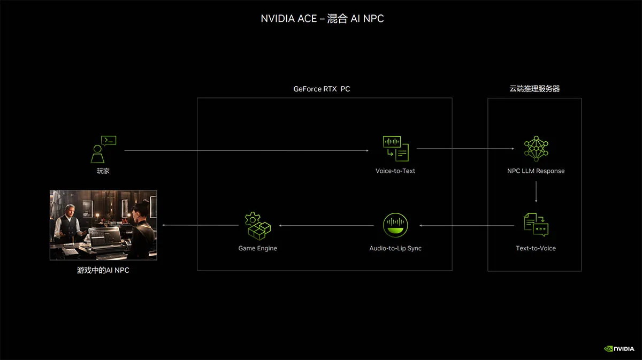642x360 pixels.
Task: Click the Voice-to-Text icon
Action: (396, 149)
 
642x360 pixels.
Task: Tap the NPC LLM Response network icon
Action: (536, 149)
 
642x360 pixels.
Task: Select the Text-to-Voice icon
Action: (536, 225)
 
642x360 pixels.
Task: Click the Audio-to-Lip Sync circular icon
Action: (395, 225)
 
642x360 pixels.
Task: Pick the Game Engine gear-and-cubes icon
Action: (258, 226)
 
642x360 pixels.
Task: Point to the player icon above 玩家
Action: (103, 149)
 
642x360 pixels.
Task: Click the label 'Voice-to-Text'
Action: (395, 171)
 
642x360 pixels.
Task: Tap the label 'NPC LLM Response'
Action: (536, 171)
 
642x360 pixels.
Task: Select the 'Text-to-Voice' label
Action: (536, 248)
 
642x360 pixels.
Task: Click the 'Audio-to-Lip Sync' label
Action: (395, 248)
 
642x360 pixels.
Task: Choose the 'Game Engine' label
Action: (258, 248)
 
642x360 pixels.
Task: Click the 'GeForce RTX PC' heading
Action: (322, 89)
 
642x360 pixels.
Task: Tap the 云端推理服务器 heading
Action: (534, 89)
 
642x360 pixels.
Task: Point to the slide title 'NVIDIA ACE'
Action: (288, 19)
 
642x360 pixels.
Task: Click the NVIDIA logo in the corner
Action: (619, 349)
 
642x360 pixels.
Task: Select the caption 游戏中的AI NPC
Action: (103, 270)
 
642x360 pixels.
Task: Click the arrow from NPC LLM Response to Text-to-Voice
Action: (536, 192)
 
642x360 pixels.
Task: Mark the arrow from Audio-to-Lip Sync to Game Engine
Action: (326, 226)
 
